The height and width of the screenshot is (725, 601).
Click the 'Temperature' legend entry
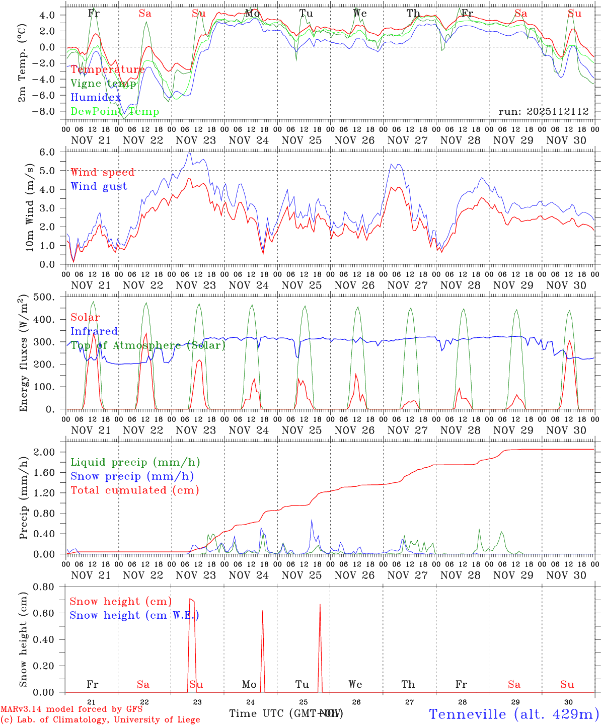pos(108,69)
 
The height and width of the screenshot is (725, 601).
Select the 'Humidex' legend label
pos(96,98)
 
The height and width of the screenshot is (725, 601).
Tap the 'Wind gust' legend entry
pos(99,186)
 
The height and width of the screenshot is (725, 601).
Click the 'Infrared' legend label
pos(94,331)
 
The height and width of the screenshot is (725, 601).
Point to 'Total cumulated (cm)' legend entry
pos(135,490)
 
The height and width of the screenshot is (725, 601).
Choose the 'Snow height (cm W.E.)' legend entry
pos(134,615)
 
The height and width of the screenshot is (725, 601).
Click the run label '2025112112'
pos(543,112)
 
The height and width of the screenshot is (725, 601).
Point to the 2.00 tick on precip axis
pos(49,452)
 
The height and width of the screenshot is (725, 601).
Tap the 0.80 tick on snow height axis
pos(49,587)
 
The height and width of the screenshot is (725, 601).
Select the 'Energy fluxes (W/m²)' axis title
pos(23,354)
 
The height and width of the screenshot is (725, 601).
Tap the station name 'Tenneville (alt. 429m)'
pos(513,714)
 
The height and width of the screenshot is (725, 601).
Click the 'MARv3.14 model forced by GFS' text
pos(71,709)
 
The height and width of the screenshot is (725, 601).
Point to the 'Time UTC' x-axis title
pos(257,713)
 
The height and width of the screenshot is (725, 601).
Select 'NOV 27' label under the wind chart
pos(408,285)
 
